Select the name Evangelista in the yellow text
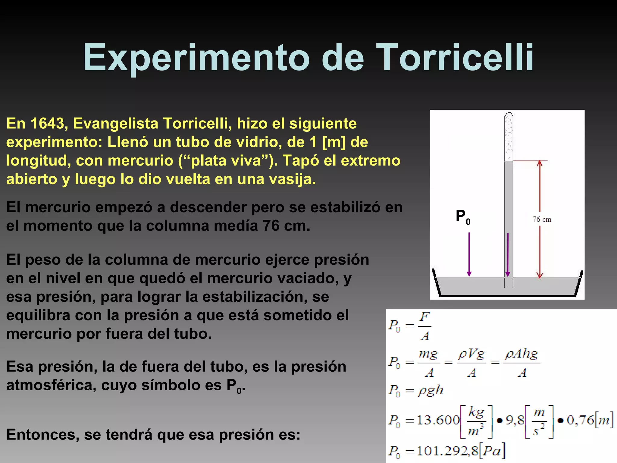coord(116,124)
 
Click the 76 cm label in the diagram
coord(542,219)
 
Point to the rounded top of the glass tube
coord(509,116)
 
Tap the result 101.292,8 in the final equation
coord(447,451)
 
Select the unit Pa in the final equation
coord(492,451)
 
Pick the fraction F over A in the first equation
coord(425,326)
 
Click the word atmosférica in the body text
coord(51,385)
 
